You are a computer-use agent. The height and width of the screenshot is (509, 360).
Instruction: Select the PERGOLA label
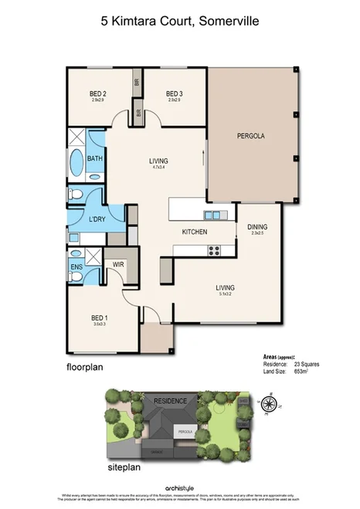pos(250,136)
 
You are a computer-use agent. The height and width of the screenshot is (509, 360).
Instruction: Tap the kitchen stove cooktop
pos(214,249)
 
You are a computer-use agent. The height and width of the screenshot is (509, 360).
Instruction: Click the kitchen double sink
pos(212,215)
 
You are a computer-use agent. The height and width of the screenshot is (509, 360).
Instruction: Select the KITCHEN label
pos(193,232)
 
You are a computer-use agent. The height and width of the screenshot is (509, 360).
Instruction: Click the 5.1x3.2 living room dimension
pos(226,294)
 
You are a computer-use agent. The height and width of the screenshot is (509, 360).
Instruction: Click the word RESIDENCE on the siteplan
pos(170,402)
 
